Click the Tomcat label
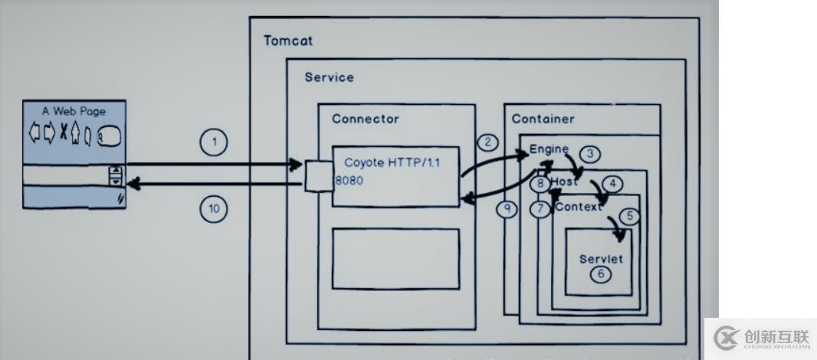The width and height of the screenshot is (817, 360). click(x=288, y=41)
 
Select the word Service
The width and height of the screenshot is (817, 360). click(x=329, y=77)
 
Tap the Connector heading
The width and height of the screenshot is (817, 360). click(x=365, y=119)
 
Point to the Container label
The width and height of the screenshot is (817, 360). click(x=543, y=119)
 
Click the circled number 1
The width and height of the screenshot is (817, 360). click(x=215, y=142)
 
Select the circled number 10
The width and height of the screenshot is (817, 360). click(x=215, y=209)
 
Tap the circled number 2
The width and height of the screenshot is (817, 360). click(x=487, y=142)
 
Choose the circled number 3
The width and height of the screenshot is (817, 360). click(x=589, y=154)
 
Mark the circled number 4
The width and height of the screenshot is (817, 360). click(x=612, y=184)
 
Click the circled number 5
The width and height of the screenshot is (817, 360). click(x=629, y=216)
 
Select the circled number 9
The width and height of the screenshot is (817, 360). click(x=507, y=209)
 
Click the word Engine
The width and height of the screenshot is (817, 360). click(x=549, y=149)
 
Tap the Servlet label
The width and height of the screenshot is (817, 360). click(x=601, y=258)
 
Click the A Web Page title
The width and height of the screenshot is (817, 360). click(x=74, y=111)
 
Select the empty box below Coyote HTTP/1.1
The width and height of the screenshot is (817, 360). click(x=395, y=258)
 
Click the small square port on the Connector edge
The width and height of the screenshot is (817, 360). click(x=318, y=176)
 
